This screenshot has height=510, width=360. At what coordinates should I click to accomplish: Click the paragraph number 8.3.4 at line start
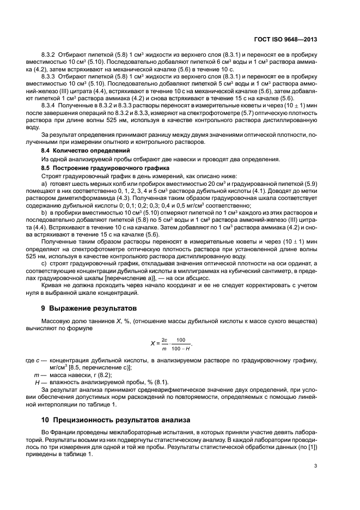pos(49,103)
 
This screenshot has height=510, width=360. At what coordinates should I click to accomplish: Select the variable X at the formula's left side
pos(152,343)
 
